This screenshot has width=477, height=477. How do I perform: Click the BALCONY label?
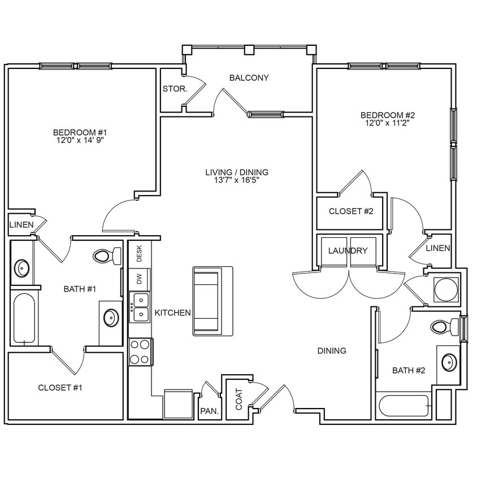point(249,78)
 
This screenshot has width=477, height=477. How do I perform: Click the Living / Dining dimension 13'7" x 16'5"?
point(237,180)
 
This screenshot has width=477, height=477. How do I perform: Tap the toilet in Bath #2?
point(445,326)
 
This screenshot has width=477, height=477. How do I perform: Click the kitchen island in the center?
point(213,301)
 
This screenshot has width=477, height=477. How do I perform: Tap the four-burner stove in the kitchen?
point(140,352)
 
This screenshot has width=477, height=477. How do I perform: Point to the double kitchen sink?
point(140,307)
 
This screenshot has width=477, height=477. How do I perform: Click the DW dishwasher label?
point(139,278)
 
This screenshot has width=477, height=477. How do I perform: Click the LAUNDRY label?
point(348,251)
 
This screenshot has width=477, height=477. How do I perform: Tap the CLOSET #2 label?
point(352,211)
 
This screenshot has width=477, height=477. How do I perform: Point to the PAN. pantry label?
point(209,412)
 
